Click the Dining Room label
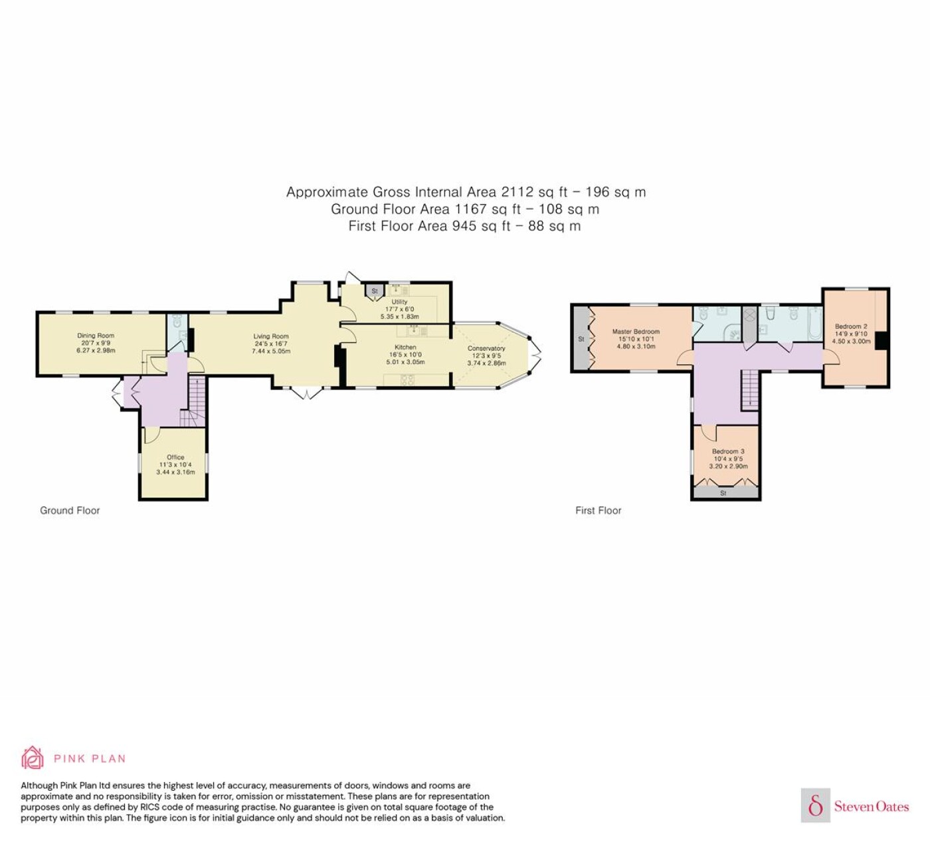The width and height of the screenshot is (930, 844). click(96, 336)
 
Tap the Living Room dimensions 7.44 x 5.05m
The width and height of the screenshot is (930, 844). click(271, 352)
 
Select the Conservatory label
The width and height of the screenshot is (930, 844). click(486, 348)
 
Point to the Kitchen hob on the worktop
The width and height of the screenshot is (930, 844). click(407, 381)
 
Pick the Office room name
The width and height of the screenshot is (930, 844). click(175, 457)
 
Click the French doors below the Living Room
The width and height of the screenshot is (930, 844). click(306, 393)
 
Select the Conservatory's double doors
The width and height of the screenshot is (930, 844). click(535, 356)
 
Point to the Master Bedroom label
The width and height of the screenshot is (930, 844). click(636, 332)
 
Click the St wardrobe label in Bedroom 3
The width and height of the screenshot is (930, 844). click(723, 492)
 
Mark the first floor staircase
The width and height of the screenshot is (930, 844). click(750, 389)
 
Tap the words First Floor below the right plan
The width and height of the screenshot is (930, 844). click(598, 510)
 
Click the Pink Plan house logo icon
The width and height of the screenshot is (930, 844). click(33, 758)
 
